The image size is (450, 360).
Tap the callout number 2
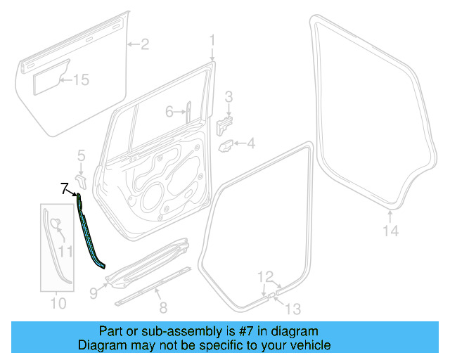click(x=144, y=46)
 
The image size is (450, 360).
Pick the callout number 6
click(x=169, y=111)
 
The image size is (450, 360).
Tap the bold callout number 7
click(x=64, y=188)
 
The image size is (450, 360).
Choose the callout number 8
click(x=162, y=307)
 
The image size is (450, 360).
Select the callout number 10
click(x=58, y=304)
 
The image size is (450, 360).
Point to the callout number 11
click(x=65, y=250)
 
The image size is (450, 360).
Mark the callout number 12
click(x=264, y=276)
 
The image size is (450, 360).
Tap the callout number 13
click(x=292, y=307)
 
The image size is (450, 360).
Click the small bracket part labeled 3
click(x=225, y=126)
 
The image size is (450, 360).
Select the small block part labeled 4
click(x=228, y=146)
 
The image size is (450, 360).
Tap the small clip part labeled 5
click(x=79, y=181)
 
